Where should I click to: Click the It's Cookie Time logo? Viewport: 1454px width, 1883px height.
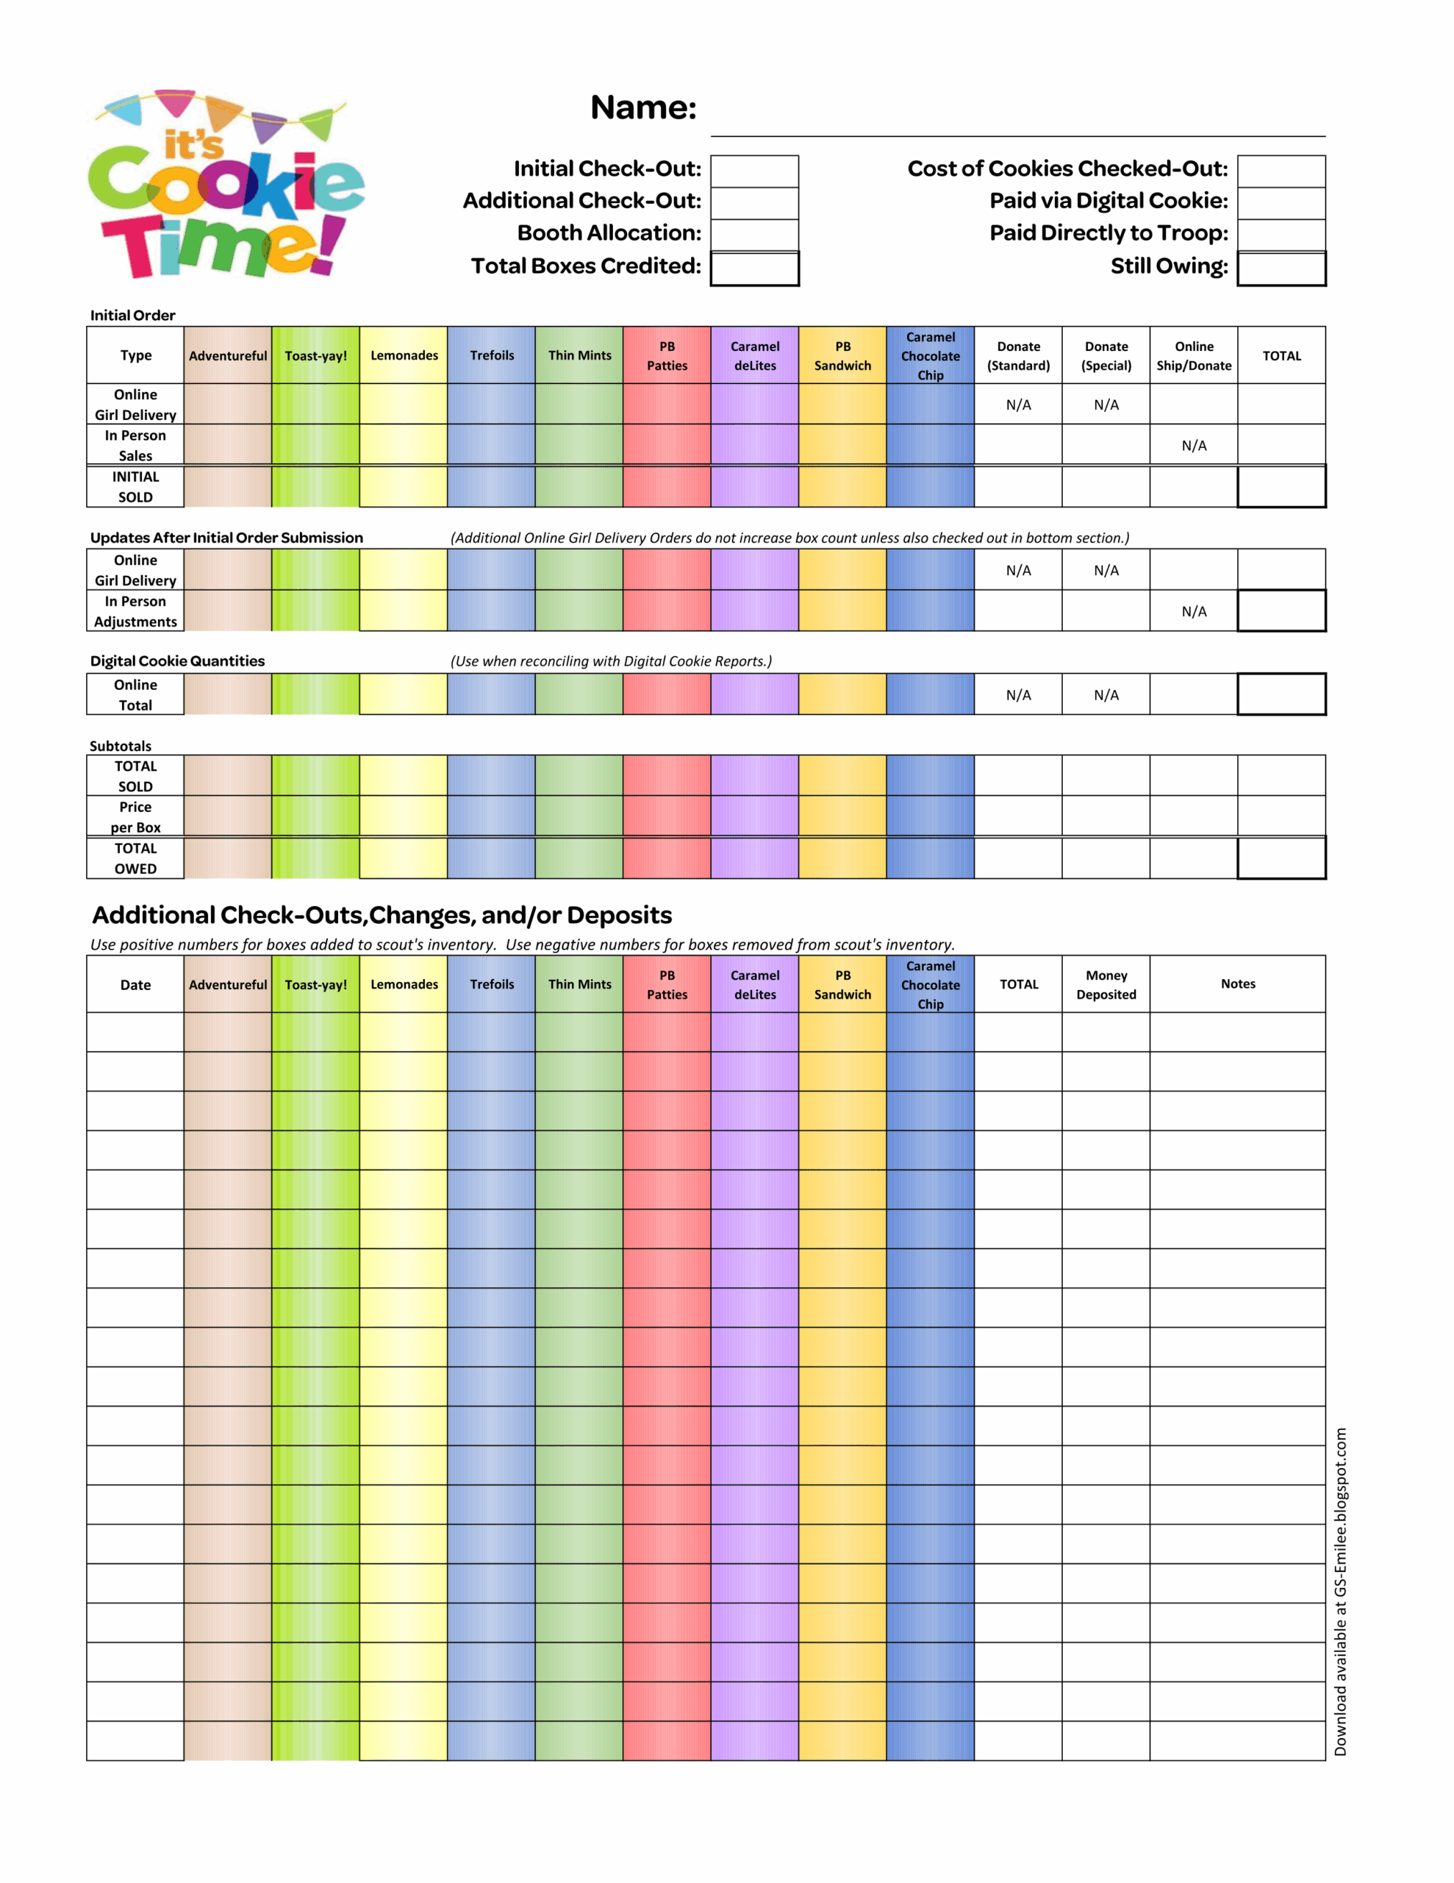226,185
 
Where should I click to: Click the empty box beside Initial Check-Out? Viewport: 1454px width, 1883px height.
754,171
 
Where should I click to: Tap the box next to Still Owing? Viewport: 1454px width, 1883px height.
1281,268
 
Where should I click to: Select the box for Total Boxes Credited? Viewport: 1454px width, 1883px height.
754,268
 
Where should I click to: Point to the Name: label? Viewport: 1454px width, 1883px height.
643,108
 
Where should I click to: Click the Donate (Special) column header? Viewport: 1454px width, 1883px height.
1106,355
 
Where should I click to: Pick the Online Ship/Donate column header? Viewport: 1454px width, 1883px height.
1194,355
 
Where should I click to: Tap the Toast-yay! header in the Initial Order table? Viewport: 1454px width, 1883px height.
315,355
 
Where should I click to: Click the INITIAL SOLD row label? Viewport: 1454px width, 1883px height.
135,486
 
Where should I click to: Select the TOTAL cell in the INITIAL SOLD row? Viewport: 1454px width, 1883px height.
1281,486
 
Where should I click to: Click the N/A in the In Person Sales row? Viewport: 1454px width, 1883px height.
1194,446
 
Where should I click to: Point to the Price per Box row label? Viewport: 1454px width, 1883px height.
135,816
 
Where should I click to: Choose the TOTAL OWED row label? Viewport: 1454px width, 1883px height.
135,858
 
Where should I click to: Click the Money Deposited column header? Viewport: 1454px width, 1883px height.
1106,985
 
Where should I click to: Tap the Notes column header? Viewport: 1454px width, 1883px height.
1238,983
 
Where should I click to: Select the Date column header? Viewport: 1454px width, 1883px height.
135,985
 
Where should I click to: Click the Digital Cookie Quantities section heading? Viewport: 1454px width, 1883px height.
178,661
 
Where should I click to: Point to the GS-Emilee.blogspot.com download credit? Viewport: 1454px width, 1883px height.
1340,1592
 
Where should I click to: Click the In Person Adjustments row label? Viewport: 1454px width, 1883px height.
135,611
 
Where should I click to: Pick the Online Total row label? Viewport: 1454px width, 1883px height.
135,695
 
